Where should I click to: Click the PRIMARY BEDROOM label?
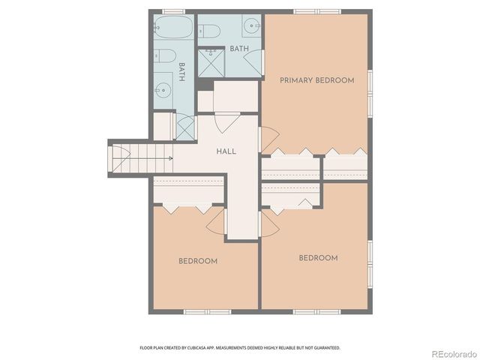(x=316, y=80)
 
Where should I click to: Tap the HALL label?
(x=226, y=151)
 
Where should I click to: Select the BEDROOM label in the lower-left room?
(x=198, y=261)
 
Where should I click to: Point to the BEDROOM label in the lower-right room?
(x=318, y=258)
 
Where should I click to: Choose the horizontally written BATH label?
(x=239, y=49)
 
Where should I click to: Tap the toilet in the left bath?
(x=166, y=56)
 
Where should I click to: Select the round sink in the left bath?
(x=163, y=91)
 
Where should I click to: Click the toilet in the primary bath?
(x=209, y=31)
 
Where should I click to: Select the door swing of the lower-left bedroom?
(x=216, y=220)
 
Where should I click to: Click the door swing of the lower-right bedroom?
(x=268, y=223)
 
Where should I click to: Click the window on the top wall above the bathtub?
(x=174, y=11)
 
